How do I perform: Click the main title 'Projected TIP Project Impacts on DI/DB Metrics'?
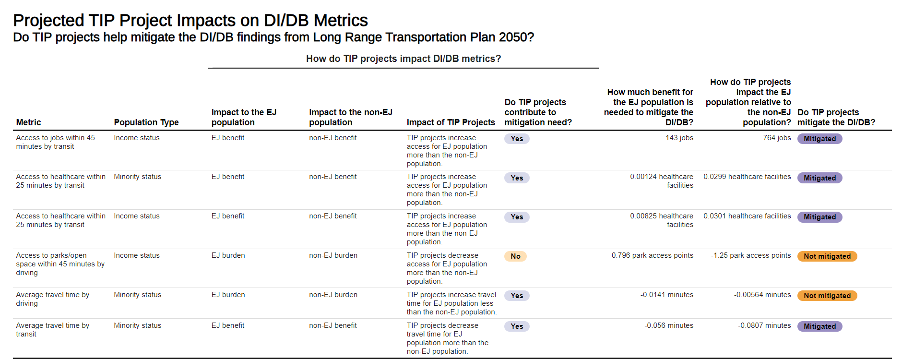point(190,21)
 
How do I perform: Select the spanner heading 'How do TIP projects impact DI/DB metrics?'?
point(403,59)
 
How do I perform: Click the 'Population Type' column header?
point(146,122)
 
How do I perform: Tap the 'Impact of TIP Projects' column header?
point(451,122)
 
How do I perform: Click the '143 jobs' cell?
point(679,138)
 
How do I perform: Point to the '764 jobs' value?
point(777,138)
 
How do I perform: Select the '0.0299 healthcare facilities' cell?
point(747,177)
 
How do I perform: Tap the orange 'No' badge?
point(515,256)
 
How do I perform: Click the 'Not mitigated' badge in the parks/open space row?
point(827,256)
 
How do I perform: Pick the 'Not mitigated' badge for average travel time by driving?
point(827,296)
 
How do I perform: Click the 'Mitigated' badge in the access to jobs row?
point(819,139)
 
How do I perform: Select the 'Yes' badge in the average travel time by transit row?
point(517,326)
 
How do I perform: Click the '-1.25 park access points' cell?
point(751,255)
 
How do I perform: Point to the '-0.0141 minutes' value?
point(666,295)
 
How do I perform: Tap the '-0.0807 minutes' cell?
point(764,325)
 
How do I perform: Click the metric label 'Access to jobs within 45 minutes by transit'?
point(55,142)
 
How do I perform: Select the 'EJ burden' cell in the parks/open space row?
point(228,255)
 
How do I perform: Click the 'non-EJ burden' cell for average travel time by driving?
point(333,295)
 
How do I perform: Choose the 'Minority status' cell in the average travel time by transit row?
point(137,325)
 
